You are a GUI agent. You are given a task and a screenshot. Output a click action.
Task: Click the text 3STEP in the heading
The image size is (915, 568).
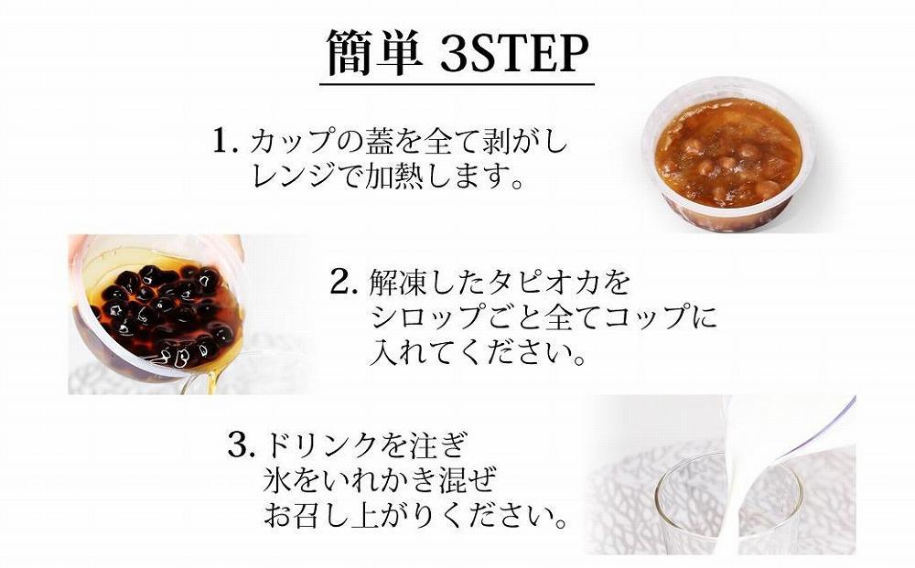[511, 55]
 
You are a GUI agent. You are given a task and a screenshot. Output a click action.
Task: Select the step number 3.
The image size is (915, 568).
[240, 445]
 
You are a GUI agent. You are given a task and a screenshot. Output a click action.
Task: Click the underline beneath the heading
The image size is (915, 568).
[457, 85]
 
